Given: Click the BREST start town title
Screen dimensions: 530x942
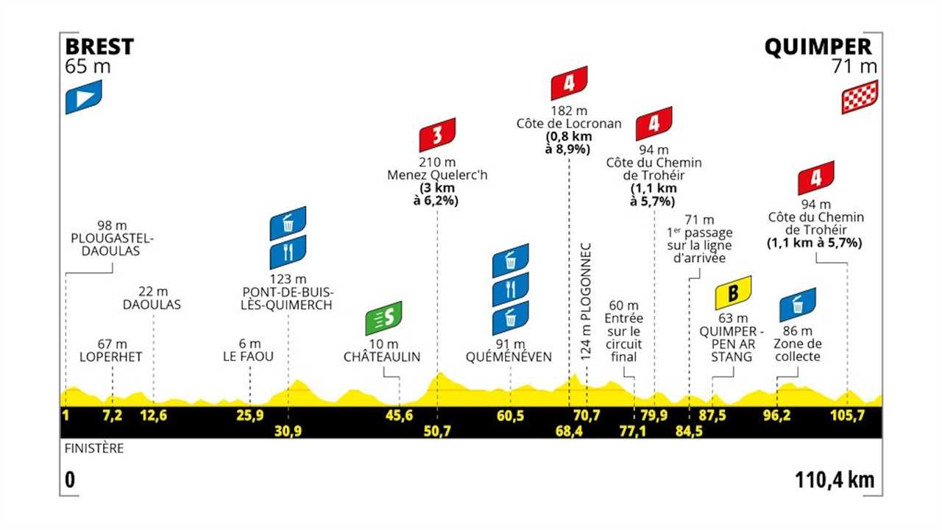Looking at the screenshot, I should (99, 47).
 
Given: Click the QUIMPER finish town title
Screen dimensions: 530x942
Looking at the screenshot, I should (818, 47).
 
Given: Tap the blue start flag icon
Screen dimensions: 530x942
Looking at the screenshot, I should (83, 96).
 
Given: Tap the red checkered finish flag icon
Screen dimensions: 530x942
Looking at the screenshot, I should (860, 96).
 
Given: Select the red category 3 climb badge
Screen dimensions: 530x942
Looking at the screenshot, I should (437, 135).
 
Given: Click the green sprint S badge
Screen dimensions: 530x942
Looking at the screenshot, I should (384, 318).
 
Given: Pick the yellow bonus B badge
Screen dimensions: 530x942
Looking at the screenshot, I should (733, 292).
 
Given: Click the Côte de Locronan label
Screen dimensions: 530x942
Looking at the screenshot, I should (569, 124).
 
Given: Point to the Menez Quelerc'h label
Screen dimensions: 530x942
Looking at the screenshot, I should (437, 175).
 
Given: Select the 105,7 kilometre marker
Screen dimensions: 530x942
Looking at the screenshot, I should (846, 415).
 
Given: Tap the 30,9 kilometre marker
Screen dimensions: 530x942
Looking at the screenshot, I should (288, 430).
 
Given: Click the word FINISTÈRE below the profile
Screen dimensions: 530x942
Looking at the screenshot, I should (93, 448).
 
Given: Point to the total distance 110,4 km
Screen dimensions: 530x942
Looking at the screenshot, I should (835, 480).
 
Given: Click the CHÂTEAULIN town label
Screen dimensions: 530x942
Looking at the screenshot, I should (382, 356).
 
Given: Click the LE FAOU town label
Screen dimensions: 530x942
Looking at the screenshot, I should (249, 356).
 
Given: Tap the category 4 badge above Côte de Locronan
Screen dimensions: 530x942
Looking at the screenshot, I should (569, 83).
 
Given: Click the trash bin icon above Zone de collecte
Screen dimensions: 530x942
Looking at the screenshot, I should (798, 304).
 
